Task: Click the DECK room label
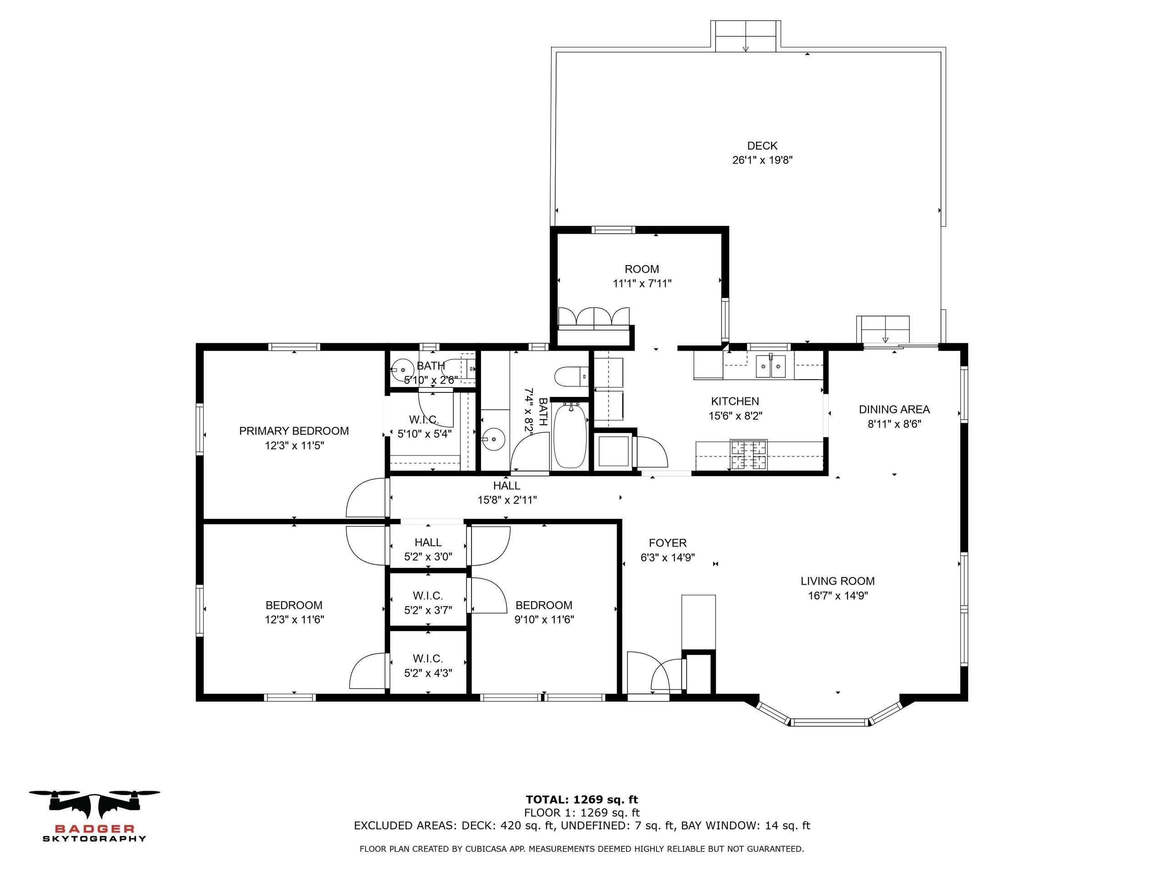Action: (x=762, y=146)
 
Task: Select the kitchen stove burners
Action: (x=748, y=455)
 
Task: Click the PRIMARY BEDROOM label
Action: (x=294, y=431)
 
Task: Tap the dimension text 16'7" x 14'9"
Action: (x=838, y=596)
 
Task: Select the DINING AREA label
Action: (x=894, y=409)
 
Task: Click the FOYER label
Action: (x=667, y=543)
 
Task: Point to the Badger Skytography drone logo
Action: (x=94, y=803)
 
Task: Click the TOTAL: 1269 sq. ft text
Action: (x=582, y=800)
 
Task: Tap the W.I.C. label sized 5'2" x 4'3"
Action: (x=428, y=659)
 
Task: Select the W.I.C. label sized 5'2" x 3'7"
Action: (x=428, y=596)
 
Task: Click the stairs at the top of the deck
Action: (x=745, y=36)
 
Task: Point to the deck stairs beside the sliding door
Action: (x=883, y=330)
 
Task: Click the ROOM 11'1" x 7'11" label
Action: (x=642, y=270)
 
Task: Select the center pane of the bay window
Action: (x=829, y=722)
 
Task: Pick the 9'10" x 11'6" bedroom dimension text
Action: (x=544, y=620)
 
